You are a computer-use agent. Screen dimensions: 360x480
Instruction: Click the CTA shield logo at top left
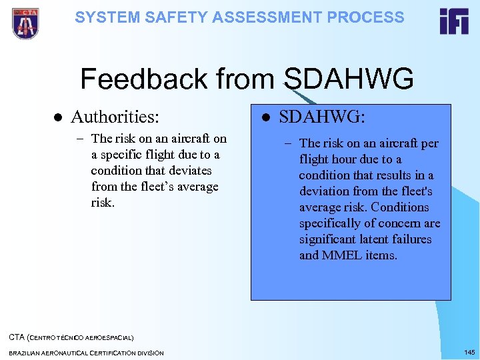coord(25,23)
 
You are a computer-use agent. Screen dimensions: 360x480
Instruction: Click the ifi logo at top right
coord(453,21)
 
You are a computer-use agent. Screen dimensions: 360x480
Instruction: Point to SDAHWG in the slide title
coord(349,79)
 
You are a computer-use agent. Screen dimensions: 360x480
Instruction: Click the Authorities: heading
coord(115,117)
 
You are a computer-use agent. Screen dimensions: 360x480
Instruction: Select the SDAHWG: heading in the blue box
coord(321,117)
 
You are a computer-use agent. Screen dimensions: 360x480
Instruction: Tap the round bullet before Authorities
coord(57,118)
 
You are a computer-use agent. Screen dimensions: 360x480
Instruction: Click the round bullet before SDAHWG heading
coord(265,118)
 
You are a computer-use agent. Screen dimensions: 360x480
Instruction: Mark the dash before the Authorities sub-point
coord(79,139)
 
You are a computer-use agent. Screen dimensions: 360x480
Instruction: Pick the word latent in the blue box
coord(371,239)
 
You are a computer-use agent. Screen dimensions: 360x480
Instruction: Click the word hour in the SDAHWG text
coord(345,159)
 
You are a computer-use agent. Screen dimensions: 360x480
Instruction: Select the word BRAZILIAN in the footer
coord(27,353)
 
